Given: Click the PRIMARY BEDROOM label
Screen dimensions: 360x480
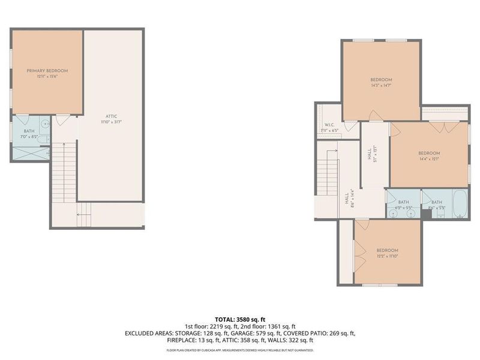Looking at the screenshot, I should pos(47,70).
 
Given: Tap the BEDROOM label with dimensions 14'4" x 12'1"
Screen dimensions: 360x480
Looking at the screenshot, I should pos(429,153).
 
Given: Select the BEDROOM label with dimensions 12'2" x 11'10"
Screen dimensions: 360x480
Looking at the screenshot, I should pos(387,250).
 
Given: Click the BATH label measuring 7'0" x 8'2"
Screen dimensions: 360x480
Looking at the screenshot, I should pos(29,131).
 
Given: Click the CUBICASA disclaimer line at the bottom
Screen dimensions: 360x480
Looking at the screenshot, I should pos(240,348).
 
